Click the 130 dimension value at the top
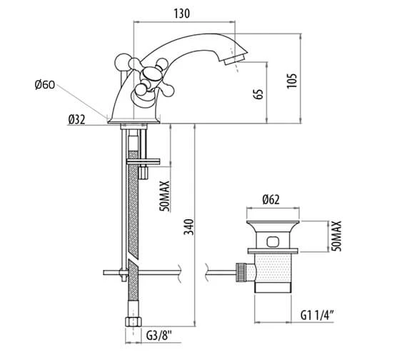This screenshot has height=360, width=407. click(181, 14)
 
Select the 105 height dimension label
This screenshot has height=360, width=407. click(292, 81)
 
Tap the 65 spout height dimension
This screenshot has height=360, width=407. click(258, 94)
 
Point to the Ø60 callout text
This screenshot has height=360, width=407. click(45, 85)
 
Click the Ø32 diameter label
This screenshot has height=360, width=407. click(77, 120)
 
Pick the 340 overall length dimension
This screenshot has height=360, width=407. click(189, 227)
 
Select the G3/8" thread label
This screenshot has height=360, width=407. click(159, 336)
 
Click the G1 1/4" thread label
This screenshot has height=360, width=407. click(317, 316)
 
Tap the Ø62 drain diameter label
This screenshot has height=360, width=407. click(271, 200)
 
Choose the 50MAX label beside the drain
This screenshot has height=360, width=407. click(336, 236)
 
